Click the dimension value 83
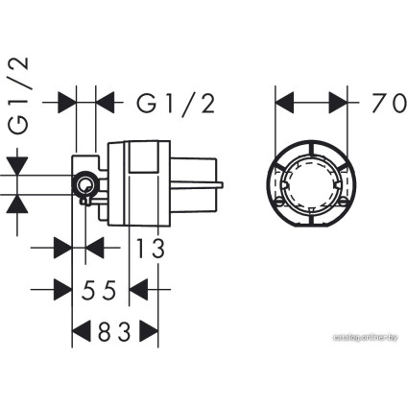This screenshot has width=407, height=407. click(x=114, y=331)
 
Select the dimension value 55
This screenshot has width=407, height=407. click(x=99, y=290)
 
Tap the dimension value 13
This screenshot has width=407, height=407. click(x=151, y=248)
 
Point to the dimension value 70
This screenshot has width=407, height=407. click(x=389, y=103)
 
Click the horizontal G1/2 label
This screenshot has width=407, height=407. click(x=176, y=103)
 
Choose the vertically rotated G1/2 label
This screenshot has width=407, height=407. click(x=18, y=95)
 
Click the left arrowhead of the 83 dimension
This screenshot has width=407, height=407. click(x=81, y=331)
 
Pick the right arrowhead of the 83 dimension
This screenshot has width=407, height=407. click(x=149, y=331)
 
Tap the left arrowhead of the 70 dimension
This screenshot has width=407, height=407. click(x=284, y=103)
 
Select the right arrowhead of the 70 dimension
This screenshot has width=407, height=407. click(x=338, y=103)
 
